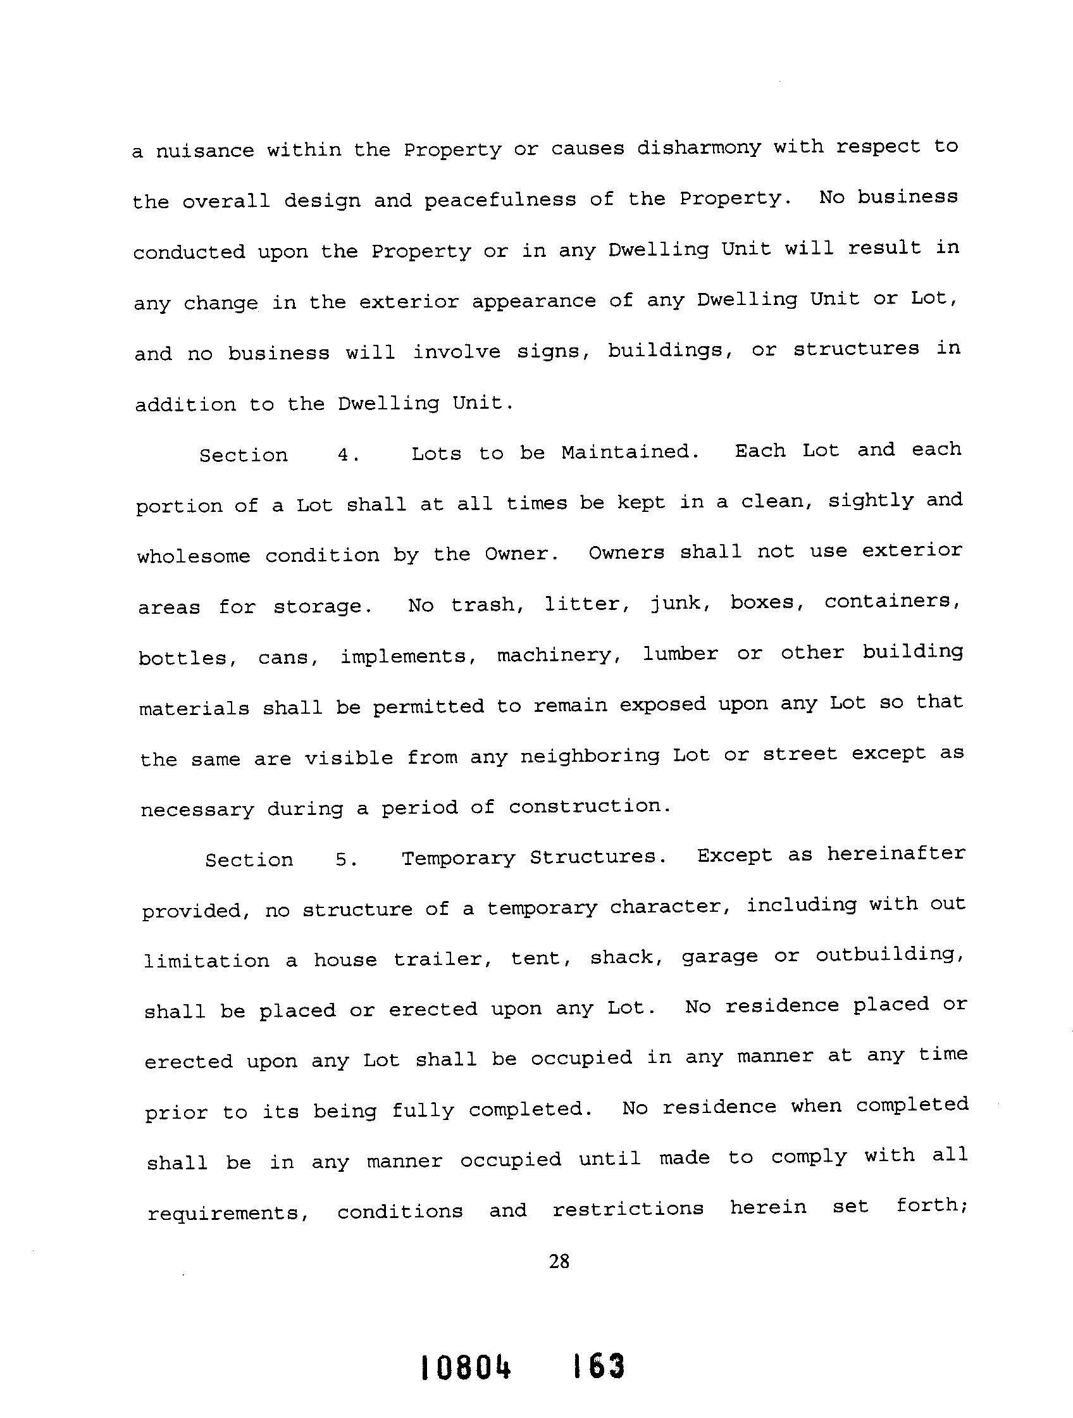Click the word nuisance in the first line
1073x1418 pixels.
pos(204,151)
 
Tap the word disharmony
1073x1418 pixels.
pos(698,148)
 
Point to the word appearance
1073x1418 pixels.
pos(534,301)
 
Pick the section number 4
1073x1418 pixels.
pos(348,455)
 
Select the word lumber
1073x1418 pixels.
pos(680,654)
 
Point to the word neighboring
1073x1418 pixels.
pos(590,757)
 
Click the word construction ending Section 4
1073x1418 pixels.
pos(590,806)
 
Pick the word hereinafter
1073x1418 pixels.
pos(895,854)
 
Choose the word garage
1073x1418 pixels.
pos(719,957)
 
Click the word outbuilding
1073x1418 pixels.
pos(890,955)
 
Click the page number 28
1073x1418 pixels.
pos(559,1262)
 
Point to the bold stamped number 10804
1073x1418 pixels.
pos(466,1365)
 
